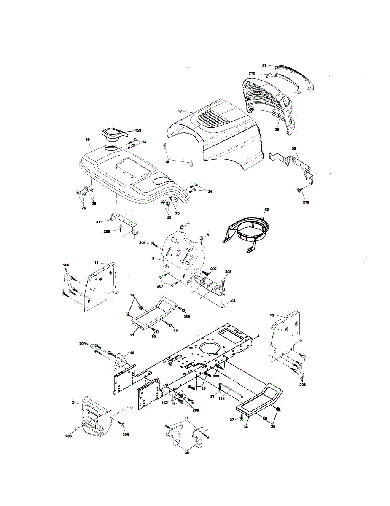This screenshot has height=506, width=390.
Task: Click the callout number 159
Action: (x=138, y=131)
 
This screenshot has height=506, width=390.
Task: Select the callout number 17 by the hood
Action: (x=180, y=111)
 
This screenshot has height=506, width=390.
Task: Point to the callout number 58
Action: (x=266, y=210)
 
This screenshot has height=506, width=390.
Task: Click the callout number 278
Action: (x=306, y=202)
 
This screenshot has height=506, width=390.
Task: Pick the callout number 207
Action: (x=160, y=286)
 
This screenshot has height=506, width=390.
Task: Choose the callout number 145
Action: (x=221, y=398)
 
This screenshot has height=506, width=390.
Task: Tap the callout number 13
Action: (x=272, y=315)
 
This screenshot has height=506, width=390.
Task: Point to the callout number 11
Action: (x=96, y=263)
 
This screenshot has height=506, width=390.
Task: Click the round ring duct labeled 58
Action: (x=249, y=231)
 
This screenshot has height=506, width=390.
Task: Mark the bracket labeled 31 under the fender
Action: (x=122, y=222)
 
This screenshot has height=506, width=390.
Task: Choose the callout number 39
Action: (x=294, y=148)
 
